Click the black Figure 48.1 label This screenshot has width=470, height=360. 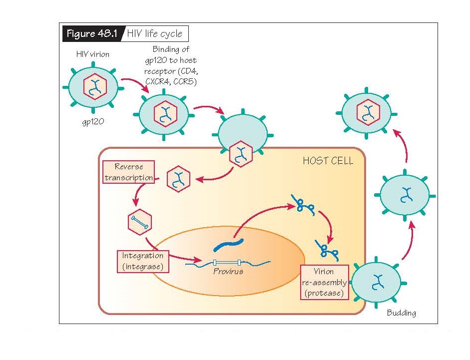pos(91,34)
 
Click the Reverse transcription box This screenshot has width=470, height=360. pos(128,172)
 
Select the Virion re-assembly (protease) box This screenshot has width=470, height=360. pos(324,283)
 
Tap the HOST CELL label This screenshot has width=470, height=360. pos(328,161)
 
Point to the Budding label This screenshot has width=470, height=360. pos(401,313)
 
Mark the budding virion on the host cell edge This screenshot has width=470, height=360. pos(376,282)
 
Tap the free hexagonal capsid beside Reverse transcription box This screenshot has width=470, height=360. pos(178,177)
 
